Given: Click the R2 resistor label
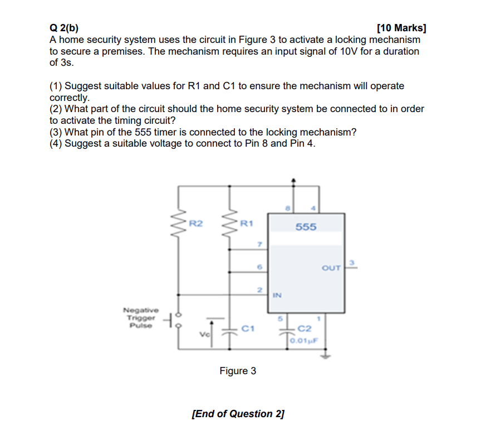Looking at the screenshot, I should pyautogui.click(x=196, y=224).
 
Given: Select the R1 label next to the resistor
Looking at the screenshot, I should pyautogui.click(x=247, y=224).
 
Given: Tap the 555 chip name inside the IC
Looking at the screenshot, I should pyautogui.click(x=306, y=226).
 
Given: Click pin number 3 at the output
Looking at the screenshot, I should pyautogui.click(x=351, y=262).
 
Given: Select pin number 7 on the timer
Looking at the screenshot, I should pyautogui.click(x=259, y=244).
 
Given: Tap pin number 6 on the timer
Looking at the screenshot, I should pyautogui.click(x=259, y=267).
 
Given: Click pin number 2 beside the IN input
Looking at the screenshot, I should pyautogui.click(x=259, y=290).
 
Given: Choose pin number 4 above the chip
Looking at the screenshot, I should pyautogui.click(x=313, y=208).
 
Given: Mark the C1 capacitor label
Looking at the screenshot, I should pyautogui.click(x=248, y=328).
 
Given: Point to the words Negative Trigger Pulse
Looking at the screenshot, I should pyautogui.click(x=140, y=317).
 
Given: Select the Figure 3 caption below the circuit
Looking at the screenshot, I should pyautogui.click(x=238, y=371).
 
